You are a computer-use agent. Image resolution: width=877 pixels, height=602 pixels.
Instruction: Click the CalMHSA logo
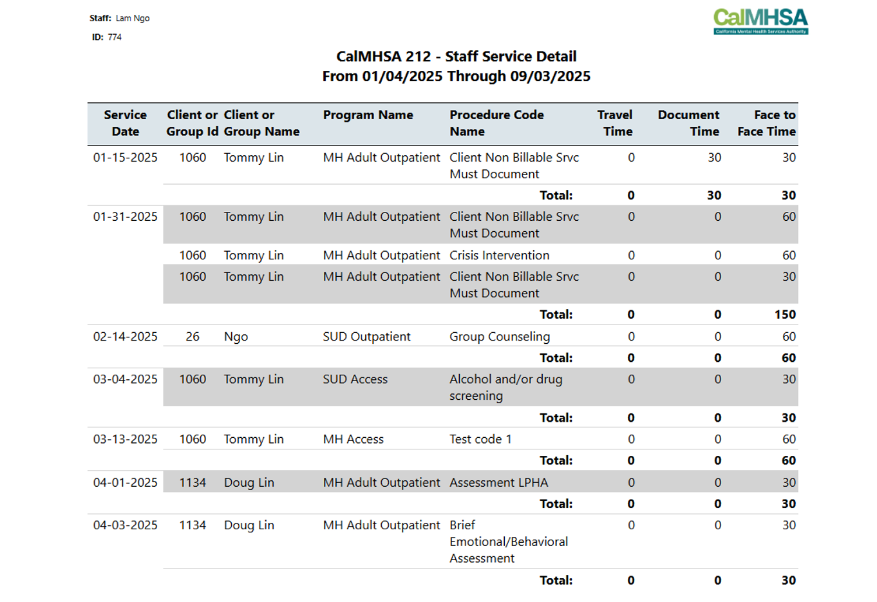(x=760, y=22)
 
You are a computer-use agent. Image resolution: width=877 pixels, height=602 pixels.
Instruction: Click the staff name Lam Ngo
(x=133, y=19)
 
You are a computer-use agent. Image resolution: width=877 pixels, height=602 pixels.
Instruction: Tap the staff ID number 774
(x=115, y=37)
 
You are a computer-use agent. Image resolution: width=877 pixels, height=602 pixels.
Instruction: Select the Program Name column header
(x=368, y=115)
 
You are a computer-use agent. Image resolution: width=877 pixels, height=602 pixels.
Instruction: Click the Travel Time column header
(x=615, y=123)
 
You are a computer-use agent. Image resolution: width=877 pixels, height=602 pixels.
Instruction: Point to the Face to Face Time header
(x=767, y=123)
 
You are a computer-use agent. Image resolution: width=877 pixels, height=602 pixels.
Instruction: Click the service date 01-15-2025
(x=126, y=157)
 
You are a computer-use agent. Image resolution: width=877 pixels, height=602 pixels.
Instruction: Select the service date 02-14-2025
(x=126, y=337)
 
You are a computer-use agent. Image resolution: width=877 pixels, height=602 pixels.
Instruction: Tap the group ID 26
(x=193, y=337)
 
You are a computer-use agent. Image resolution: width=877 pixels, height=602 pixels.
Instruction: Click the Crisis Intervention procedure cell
(x=500, y=255)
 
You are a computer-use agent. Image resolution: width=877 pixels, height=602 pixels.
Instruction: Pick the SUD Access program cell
(x=355, y=379)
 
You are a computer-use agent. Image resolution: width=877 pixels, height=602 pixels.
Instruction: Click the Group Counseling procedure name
(x=500, y=337)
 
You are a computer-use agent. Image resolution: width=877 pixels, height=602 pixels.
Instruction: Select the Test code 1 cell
(x=481, y=439)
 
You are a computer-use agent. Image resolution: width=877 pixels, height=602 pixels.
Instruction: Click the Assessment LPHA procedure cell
(x=499, y=483)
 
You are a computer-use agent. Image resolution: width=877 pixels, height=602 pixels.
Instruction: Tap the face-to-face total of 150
(x=785, y=315)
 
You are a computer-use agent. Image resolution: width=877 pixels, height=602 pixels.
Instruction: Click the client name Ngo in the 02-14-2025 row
(x=236, y=337)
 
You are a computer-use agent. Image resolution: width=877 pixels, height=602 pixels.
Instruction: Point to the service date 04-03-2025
(x=126, y=525)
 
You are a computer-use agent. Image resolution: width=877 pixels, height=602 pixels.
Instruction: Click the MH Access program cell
(x=353, y=439)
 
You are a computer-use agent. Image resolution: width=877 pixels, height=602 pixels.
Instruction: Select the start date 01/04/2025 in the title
(x=402, y=77)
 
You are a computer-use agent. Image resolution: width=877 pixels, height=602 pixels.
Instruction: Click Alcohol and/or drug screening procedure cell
(x=506, y=388)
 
